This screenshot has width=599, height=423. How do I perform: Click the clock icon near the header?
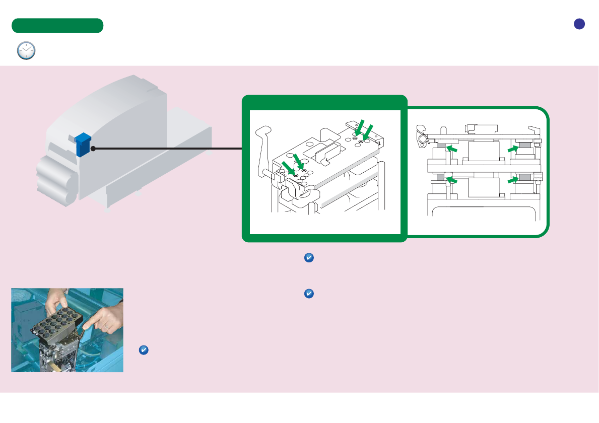point(26,51)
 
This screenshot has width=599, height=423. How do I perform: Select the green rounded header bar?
point(57,26)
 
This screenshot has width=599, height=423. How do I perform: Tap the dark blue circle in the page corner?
point(579,24)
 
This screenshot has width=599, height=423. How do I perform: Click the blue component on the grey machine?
point(82,144)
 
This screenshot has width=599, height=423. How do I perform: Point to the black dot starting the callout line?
point(93,149)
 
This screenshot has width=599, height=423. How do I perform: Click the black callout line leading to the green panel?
point(166,149)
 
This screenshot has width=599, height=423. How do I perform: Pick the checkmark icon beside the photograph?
point(143,350)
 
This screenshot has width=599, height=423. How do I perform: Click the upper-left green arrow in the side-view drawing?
point(453,149)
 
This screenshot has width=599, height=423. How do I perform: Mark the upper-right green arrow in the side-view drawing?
point(513,149)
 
